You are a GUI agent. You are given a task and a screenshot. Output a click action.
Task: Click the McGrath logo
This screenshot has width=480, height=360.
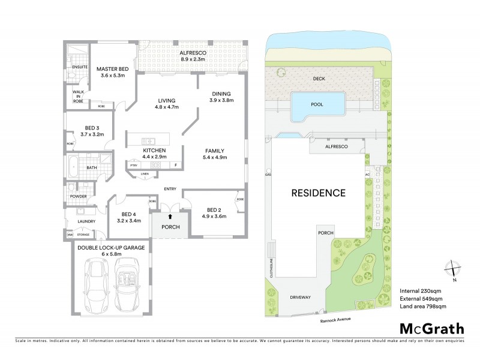point(431,328)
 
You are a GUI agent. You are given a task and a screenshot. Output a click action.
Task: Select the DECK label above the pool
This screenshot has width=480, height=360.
point(319,79)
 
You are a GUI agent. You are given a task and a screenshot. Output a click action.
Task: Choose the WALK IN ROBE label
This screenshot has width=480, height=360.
point(78,97)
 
